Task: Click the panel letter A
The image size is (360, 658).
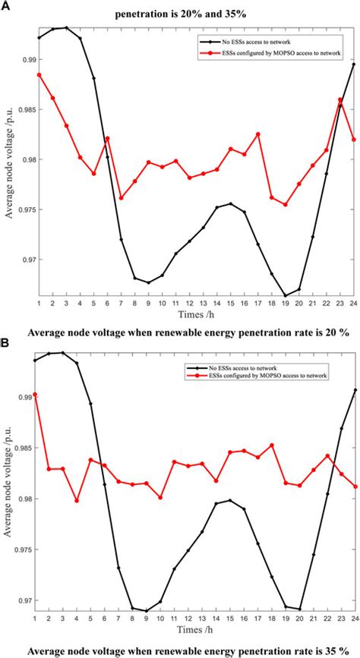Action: (6, 5)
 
